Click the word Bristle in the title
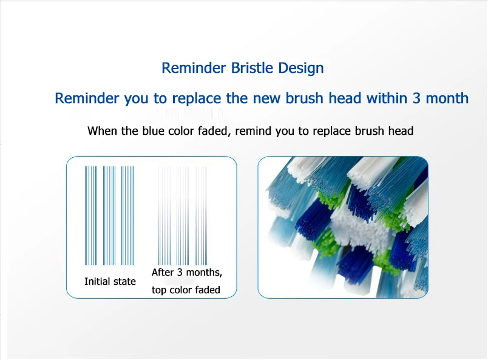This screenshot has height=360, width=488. tap(252, 68)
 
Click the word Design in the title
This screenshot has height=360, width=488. tap(301, 69)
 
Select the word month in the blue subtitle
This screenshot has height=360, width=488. tap(447, 98)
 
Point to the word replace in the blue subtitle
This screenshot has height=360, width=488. tap(197, 99)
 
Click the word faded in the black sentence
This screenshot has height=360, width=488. tap(214, 131)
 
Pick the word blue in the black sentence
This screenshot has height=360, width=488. tap(154, 131)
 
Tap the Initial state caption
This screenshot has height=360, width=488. tap(110, 282)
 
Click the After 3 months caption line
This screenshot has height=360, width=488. tap(187, 273)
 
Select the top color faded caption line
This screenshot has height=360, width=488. tap(186, 290)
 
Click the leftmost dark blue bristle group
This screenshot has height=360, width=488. tap(91, 216)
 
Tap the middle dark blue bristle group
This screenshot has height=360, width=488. tap(109, 216)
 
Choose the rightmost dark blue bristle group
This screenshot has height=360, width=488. tap(127, 216)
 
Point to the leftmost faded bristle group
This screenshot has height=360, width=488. tap(164, 216)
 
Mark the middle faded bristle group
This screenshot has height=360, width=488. tap(183, 216)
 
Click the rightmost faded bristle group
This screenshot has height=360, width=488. tap(201, 216)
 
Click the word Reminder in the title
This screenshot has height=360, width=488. tap(194, 68)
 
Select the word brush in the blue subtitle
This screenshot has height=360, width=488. tap(305, 98)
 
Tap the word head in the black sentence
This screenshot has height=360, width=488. tap(401, 131)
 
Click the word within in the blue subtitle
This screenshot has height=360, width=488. tap(387, 98)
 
